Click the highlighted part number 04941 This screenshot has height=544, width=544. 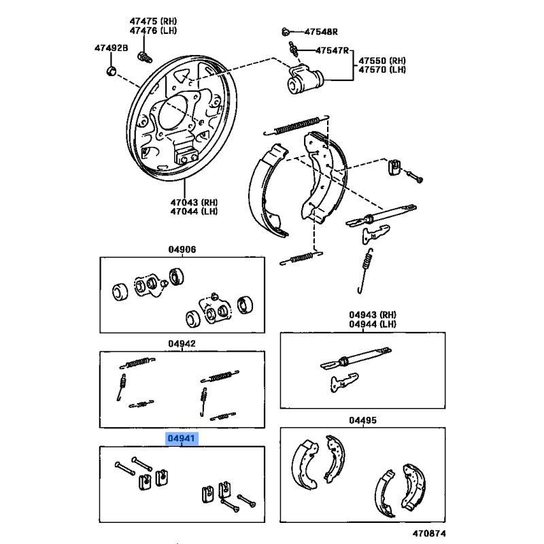coord(182,439)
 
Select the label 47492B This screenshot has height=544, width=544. coord(111,48)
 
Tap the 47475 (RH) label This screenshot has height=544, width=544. coord(153,20)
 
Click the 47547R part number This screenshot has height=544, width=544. coord(331,51)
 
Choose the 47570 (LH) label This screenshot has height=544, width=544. coord(383,70)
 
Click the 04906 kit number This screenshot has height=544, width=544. coord(182,250)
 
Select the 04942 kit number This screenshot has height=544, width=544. coord(182,344)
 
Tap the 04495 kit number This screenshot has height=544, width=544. coord(362,420)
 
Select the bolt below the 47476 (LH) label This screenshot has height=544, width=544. coord(143,55)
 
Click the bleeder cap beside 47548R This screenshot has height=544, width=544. coord(286,31)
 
